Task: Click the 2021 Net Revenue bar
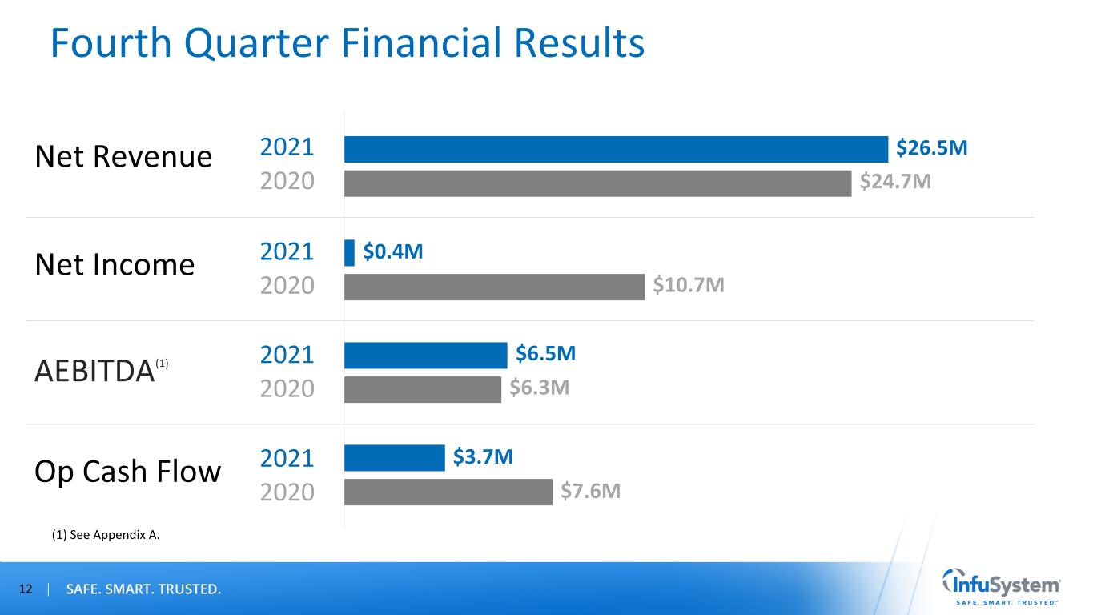[616, 149]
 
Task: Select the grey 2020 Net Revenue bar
[597, 183]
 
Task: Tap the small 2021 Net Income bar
[349, 252]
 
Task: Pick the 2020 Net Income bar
[494, 287]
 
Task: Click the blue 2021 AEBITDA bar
[425, 355]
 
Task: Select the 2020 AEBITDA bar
[422, 389]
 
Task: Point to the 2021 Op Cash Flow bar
[394, 458]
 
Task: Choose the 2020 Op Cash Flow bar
[448, 492]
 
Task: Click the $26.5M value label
[931, 148]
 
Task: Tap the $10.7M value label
[689, 286]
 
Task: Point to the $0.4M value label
[393, 252]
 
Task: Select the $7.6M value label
[590, 491]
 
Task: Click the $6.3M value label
[540, 388]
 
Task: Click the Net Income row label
[115, 263]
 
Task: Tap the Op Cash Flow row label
[127, 472]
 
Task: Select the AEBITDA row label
[94, 372]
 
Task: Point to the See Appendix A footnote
[106, 536]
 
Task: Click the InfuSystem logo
[1002, 589]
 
